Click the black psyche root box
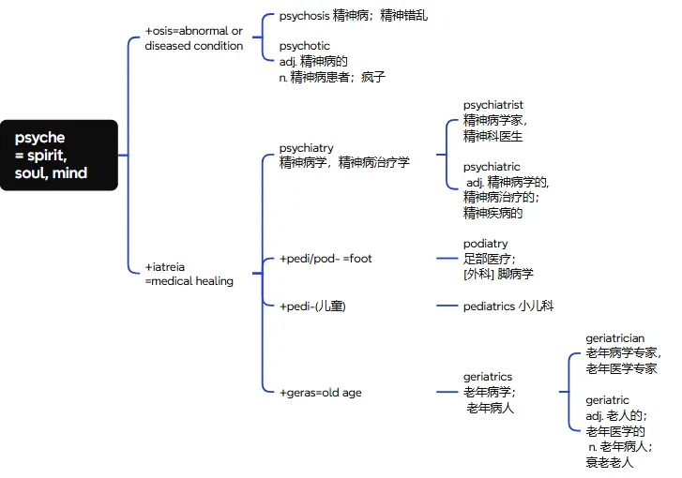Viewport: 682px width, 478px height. (x=59, y=155)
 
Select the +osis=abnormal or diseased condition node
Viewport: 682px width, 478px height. (x=193, y=38)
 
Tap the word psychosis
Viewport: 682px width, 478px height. (x=305, y=16)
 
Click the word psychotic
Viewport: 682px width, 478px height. (x=304, y=45)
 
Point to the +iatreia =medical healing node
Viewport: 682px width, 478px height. (x=189, y=274)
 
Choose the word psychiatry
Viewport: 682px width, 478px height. (x=306, y=148)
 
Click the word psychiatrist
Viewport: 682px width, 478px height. (x=493, y=105)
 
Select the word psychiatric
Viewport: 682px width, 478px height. (x=492, y=167)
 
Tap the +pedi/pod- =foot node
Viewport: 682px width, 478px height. (x=326, y=259)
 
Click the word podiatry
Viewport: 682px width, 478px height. (x=485, y=244)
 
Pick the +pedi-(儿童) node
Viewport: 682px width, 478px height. (x=312, y=306)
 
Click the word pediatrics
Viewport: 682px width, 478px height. (x=489, y=306)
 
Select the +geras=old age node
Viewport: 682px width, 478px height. (x=320, y=393)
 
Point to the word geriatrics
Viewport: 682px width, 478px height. (x=488, y=377)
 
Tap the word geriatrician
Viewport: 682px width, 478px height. (x=615, y=338)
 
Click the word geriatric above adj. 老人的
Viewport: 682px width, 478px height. (x=607, y=400)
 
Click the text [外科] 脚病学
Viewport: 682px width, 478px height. (x=498, y=274)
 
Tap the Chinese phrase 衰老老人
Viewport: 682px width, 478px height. (x=610, y=462)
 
